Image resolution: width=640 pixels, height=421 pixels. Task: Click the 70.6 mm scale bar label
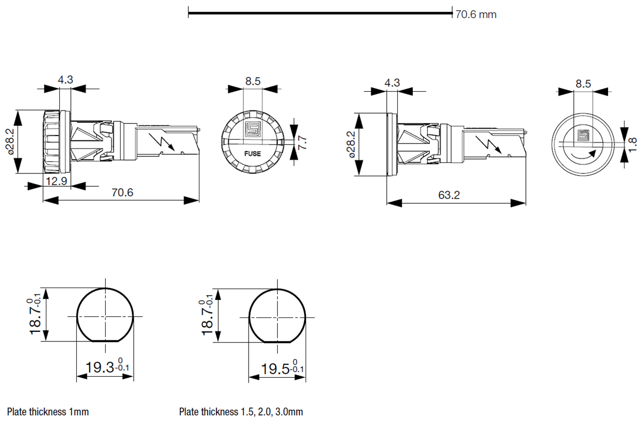(475, 14)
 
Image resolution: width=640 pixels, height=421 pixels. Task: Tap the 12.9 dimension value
(57, 181)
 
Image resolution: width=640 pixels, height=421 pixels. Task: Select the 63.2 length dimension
(449, 195)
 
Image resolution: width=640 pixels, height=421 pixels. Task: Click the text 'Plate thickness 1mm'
(48, 411)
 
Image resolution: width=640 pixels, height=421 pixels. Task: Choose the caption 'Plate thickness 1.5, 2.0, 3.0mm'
(241, 411)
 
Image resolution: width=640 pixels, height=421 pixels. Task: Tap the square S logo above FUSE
(252, 130)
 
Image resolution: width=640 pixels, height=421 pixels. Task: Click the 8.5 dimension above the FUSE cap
(253, 82)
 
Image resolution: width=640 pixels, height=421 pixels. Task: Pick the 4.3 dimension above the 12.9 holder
(65, 80)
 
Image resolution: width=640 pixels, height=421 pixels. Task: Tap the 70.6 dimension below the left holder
(122, 192)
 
